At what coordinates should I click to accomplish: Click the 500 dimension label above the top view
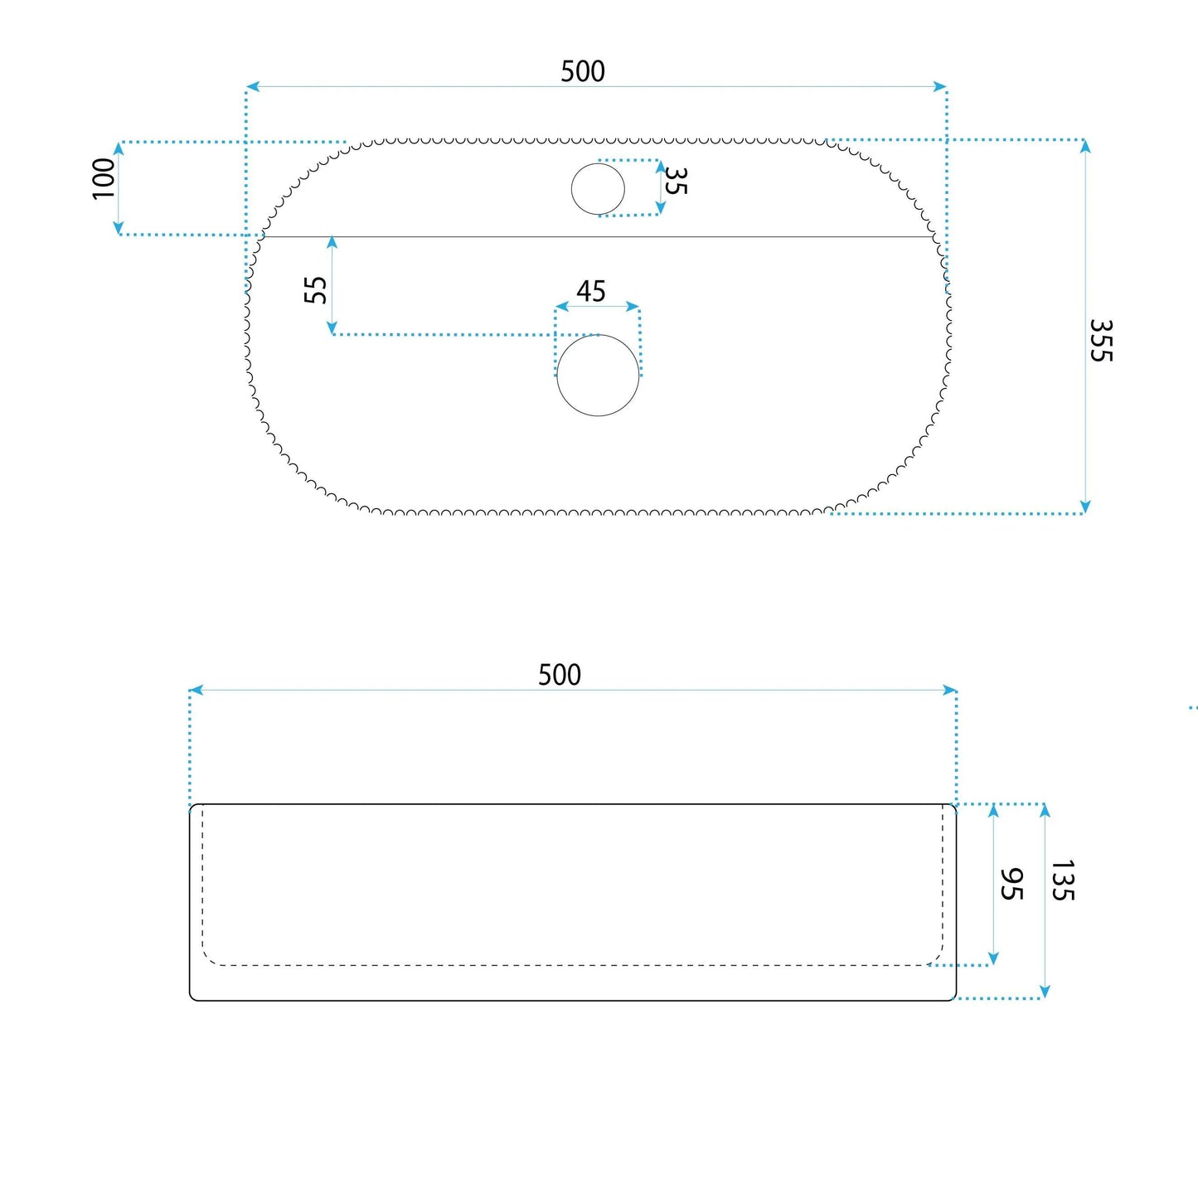pos(583,71)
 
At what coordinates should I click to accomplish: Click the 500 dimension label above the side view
pos(560,675)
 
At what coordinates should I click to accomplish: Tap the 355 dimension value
pos(1100,340)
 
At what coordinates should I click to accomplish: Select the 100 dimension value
pos(104,179)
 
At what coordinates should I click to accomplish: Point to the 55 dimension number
pos(316,289)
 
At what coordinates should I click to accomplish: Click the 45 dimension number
pos(590,292)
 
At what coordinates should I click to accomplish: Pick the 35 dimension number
pos(676,181)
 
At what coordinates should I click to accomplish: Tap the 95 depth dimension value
pos(1011,884)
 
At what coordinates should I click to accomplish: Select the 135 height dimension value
pos(1063,880)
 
